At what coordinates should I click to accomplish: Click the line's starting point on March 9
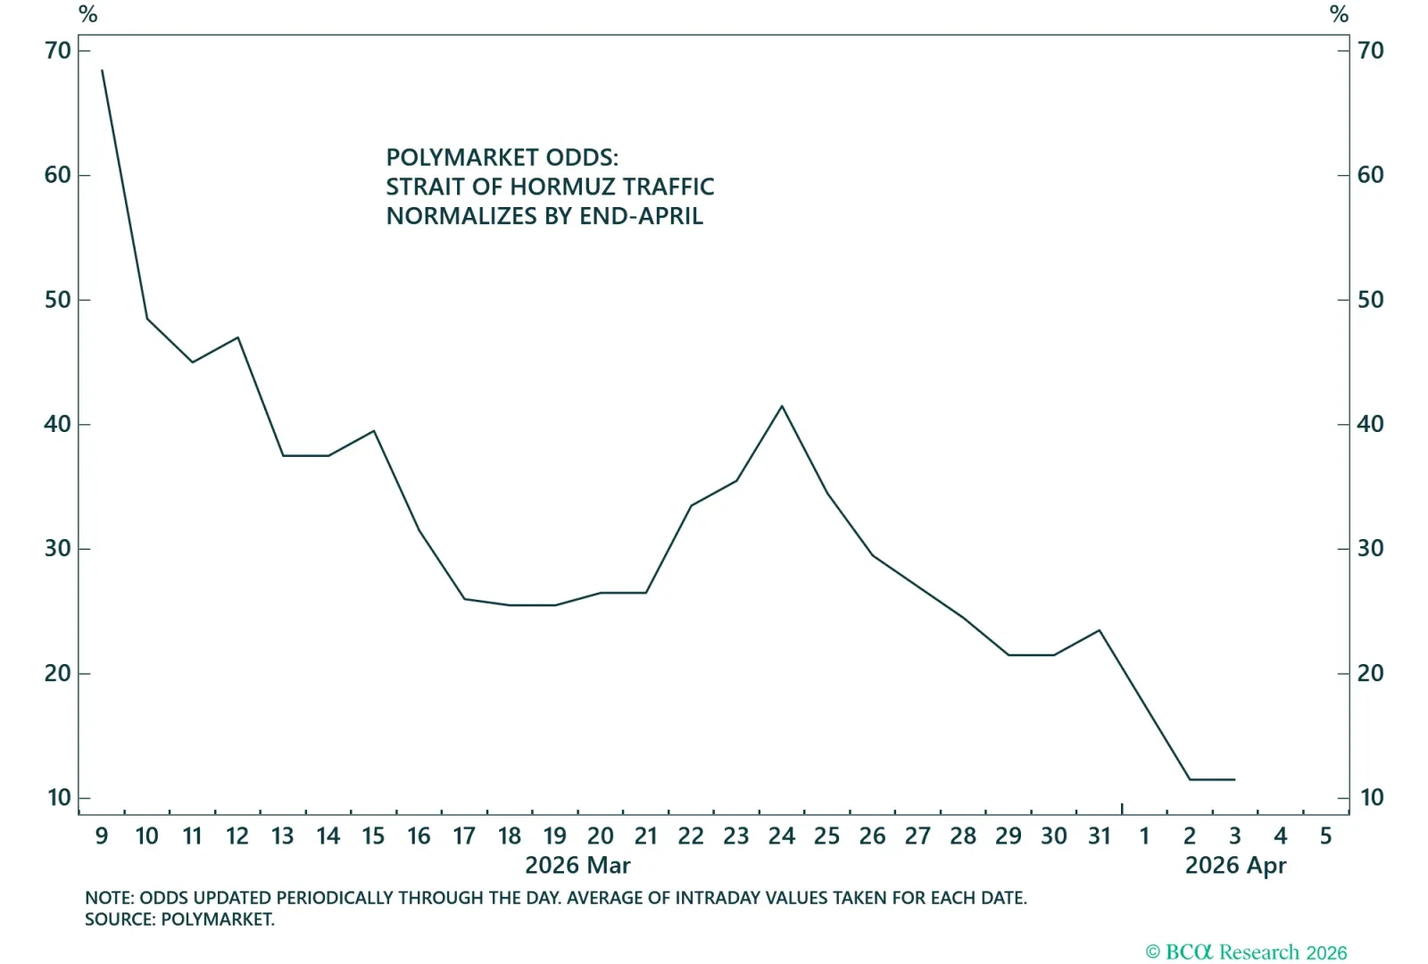tap(102, 70)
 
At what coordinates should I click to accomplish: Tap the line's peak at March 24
tap(782, 406)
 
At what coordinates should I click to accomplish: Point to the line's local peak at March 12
tap(237, 337)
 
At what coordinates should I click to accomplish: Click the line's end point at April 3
tap(1234, 779)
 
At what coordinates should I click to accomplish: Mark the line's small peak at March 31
tap(1099, 630)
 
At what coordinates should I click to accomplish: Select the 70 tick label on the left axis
tap(57, 51)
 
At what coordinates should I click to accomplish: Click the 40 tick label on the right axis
tap(1370, 424)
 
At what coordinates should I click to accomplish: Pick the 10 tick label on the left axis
tap(59, 798)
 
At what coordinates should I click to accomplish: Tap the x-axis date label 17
tap(464, 836)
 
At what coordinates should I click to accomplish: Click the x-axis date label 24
tap(782, 836)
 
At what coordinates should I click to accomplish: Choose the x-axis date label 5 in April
tap(1325, 836)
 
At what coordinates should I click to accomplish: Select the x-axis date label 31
tap(1099, 836)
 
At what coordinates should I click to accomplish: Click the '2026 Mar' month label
tap(577, 866)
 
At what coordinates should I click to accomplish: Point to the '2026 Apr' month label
tap(1235, 866)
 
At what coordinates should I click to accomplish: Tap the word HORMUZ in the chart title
tap(561, 187)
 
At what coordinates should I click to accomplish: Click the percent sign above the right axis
tap(1339, 14)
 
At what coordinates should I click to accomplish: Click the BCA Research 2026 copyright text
tap(1246, 952)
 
